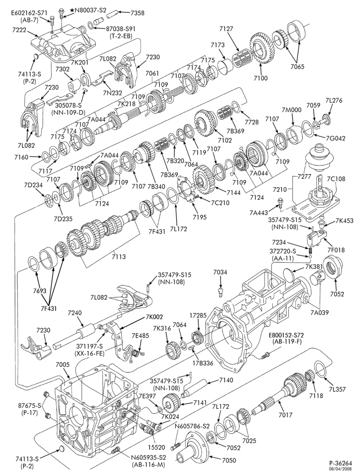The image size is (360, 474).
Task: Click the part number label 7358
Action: pos(137,13)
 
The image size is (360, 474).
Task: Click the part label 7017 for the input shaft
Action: pos(286,415)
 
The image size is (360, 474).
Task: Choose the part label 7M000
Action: pos(292,110)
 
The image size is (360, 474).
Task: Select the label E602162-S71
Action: pos(29,13)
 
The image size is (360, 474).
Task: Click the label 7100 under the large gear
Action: pos(261,78)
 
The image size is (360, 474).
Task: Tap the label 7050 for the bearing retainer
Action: pos(229,460)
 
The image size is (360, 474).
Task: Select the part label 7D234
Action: pos(34,185)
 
